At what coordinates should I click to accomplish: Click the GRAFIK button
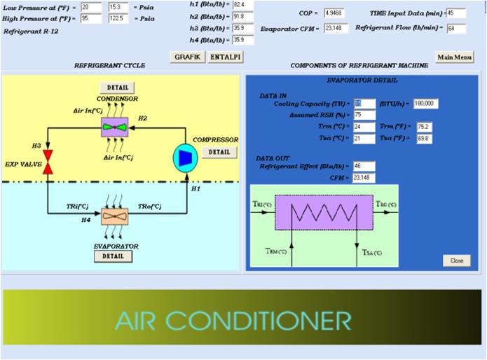click(187, 57)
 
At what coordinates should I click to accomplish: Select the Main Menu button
click(454, 57)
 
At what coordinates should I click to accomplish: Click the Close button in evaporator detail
click(457, 260)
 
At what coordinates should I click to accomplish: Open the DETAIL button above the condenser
click(116, 88)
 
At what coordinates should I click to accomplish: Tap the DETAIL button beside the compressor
click(219, 152)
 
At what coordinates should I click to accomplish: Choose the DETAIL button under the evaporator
click(113, 256)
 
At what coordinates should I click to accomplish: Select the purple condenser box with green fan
click(116, 127)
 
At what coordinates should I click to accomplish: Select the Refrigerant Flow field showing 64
click(456, 29)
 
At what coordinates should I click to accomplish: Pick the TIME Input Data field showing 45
click(455, 13)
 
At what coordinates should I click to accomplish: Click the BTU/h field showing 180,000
click(425, 103)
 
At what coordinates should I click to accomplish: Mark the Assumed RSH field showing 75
click(364, 115)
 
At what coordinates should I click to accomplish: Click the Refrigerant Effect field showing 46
click(364, 166)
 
